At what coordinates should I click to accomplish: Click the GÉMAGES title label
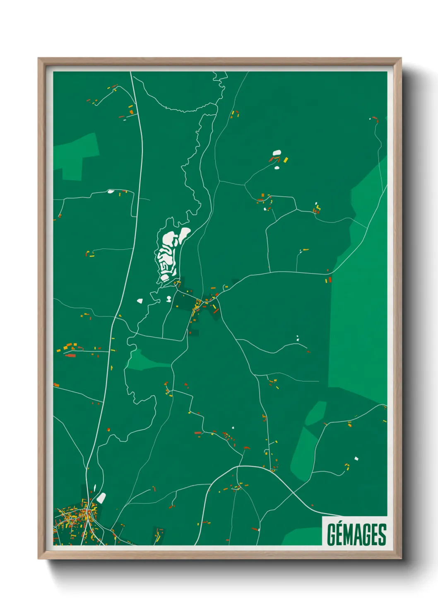click(x=356, y=534)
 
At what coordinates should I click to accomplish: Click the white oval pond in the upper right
click(x=277, y=153)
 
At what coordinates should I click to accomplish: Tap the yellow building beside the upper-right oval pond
click(x=285, y=159)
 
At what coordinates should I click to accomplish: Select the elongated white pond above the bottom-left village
click(x=101, y=498)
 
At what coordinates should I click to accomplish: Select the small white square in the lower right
click(x=356, y=459)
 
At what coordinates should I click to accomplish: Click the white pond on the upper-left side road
click(x=111, y=191)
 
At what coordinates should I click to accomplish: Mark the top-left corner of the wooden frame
click(x=39, y=59)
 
